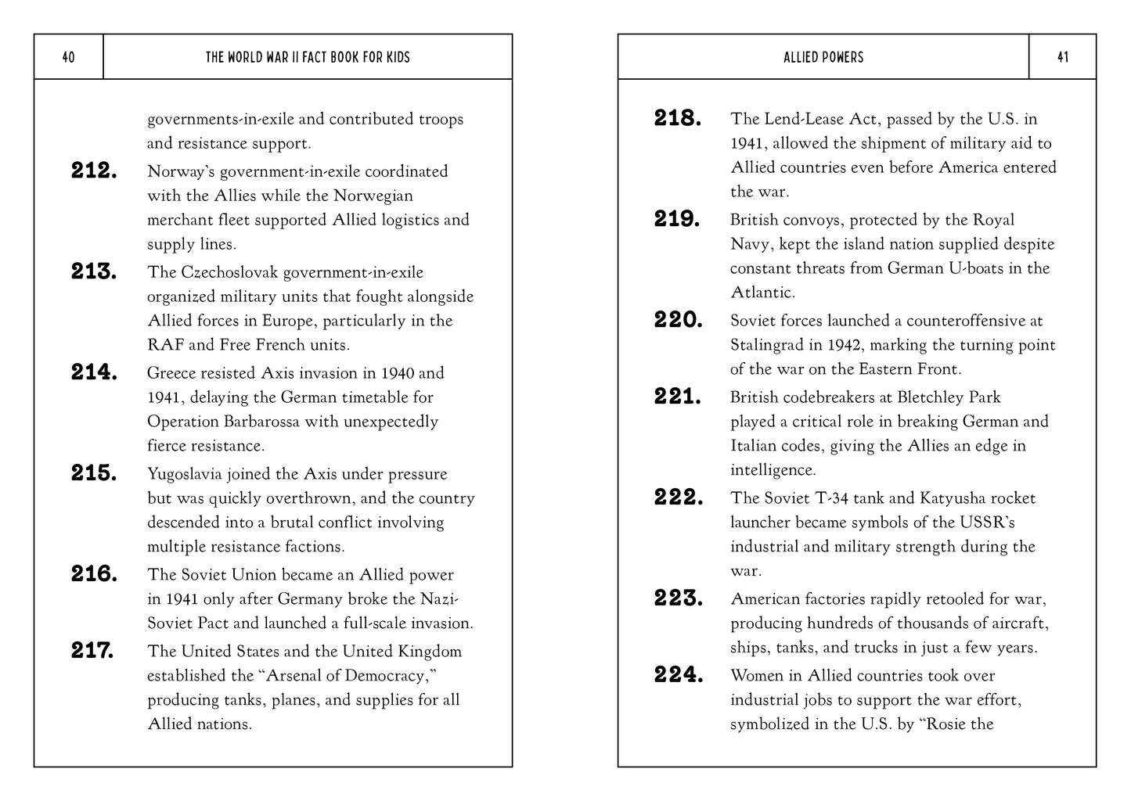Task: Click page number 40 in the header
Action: coord(68,57)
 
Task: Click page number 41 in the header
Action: coord(1062,57)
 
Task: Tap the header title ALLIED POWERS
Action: coord(823,57)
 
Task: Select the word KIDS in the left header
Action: coord(398,57)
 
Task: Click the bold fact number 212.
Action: coord(94,171)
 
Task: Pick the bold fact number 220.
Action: coord(678,320)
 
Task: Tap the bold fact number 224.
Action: coord(678,674)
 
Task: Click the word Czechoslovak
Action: coord(229,272)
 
